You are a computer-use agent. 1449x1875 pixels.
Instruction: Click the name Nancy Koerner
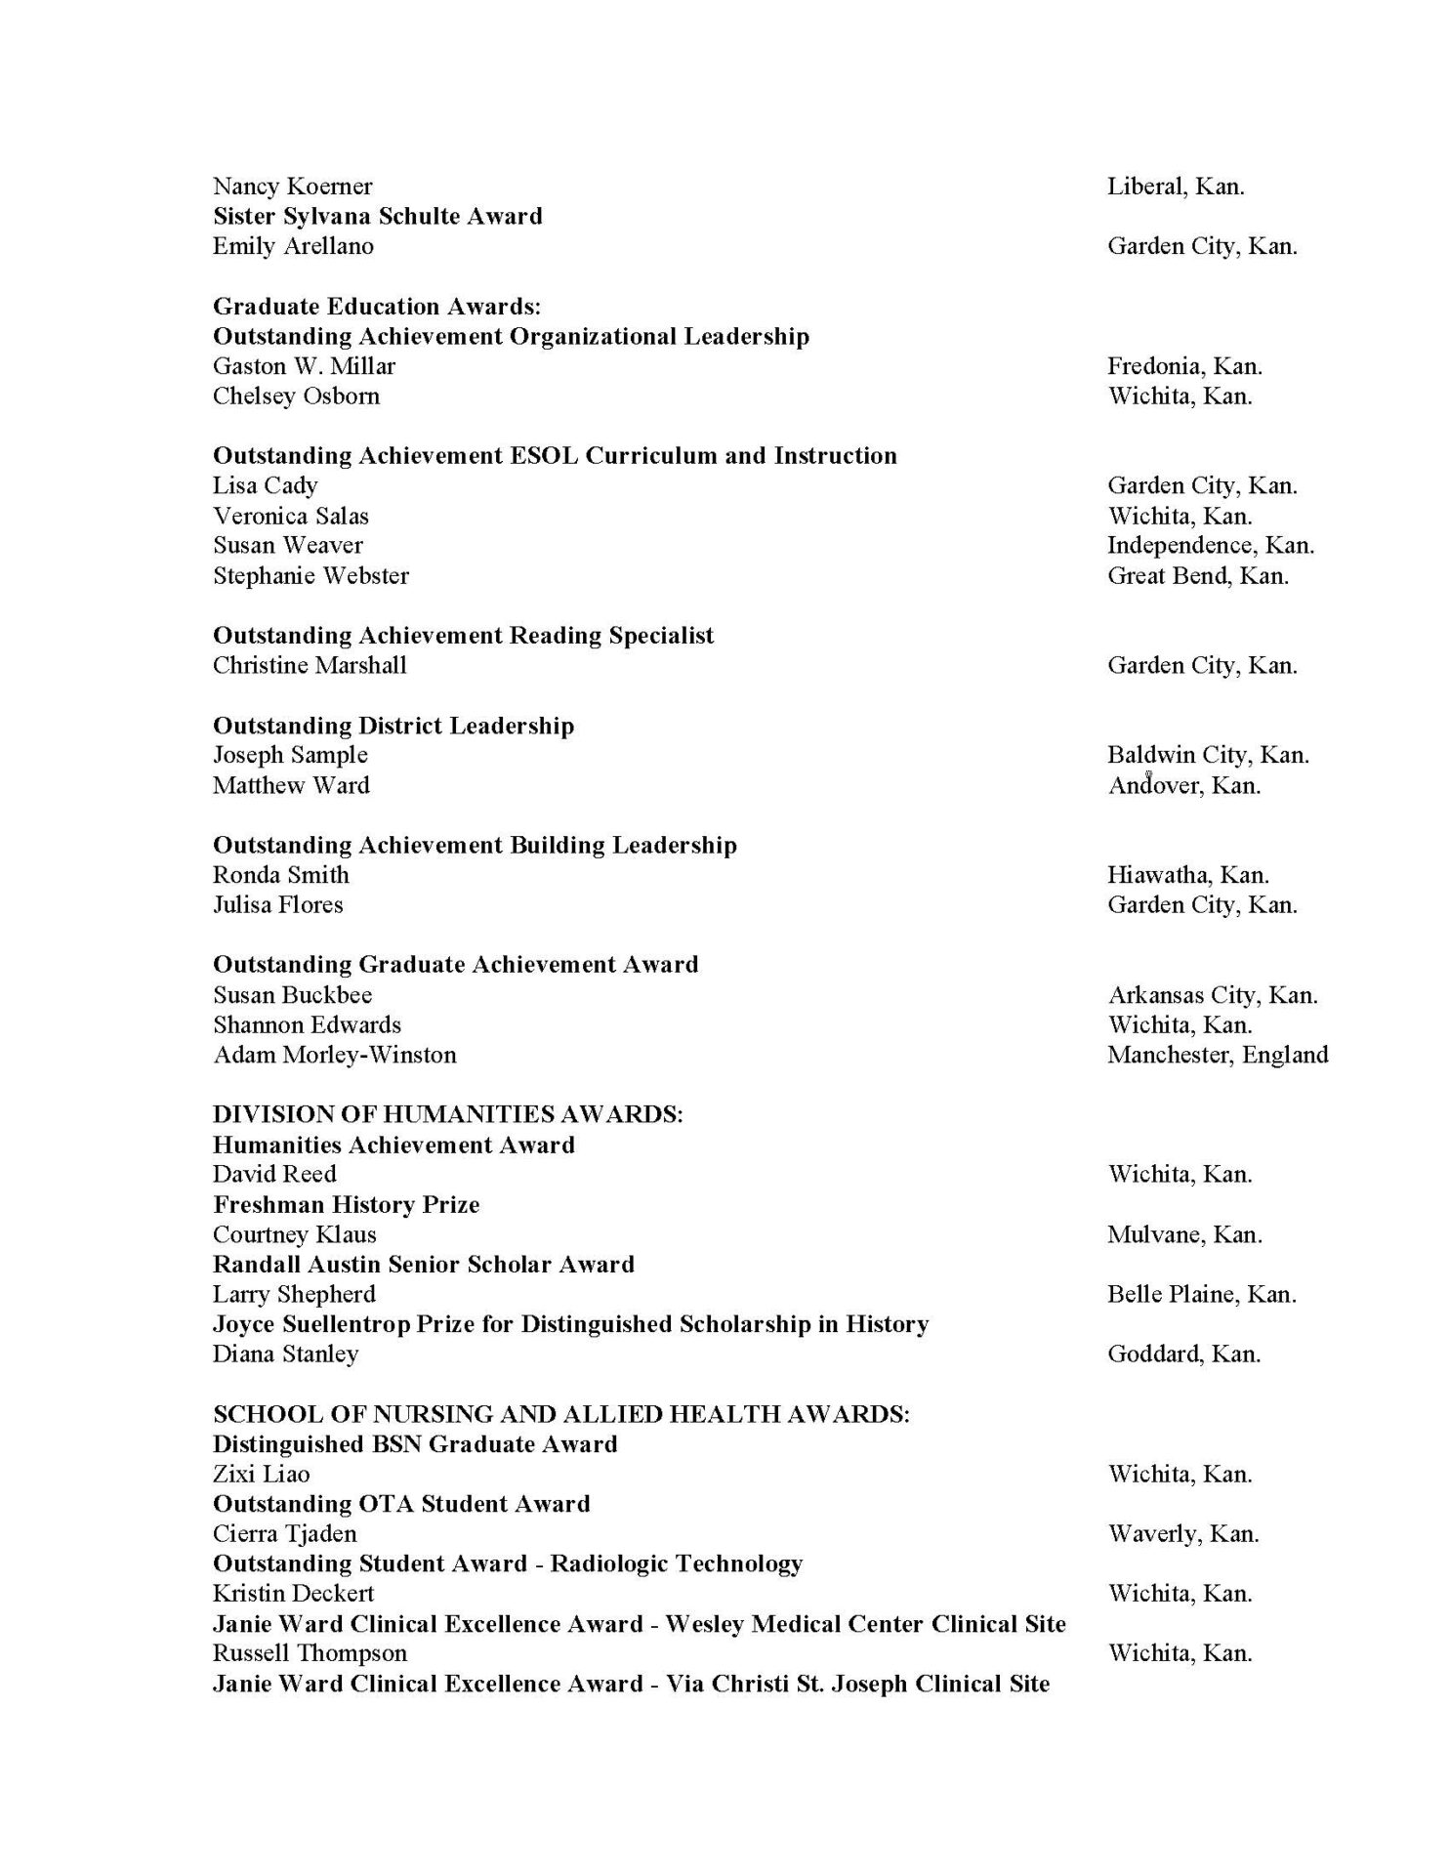point(292,187)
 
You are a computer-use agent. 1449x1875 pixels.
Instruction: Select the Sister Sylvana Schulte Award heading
point(377,216)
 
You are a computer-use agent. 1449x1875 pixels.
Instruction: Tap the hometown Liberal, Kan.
point(1176,187)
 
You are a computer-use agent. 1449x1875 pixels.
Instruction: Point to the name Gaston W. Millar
point(304,366)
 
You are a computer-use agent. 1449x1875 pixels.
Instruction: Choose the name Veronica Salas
point(291,516)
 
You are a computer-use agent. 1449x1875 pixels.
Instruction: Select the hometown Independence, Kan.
point(1210,545)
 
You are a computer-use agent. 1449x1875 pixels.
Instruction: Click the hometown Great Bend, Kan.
point(1197,575)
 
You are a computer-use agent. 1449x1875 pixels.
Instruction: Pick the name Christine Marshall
point(310,665)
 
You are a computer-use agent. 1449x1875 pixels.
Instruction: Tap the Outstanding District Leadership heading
point(393,726)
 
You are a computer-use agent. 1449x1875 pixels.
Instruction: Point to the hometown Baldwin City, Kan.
point(1208,755)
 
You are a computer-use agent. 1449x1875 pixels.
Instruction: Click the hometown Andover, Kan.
point(1183,785)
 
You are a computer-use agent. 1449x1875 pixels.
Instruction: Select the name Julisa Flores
point(278,904)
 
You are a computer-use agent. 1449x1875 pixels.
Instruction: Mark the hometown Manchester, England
point(1218,1055)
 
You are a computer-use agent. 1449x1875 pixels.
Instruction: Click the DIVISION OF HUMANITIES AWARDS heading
point(448,1114)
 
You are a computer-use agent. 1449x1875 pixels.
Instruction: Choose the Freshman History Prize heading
point(347,1204)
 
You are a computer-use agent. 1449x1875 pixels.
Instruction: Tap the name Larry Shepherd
point(294,1294)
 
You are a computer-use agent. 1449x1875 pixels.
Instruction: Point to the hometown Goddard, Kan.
point(1183,1354)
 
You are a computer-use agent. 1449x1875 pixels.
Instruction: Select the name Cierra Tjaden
point(285,1533)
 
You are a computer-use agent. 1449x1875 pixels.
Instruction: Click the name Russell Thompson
point(310,1653)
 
